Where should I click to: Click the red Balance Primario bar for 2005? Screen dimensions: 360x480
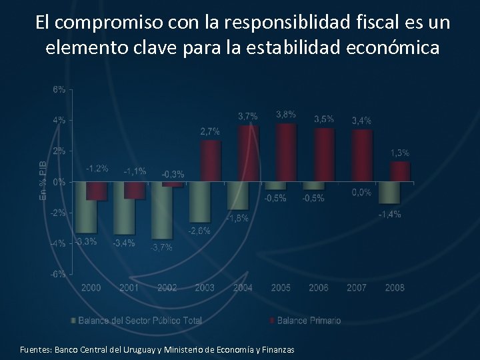pos(286,153)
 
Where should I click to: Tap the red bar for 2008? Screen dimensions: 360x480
pos(400,172)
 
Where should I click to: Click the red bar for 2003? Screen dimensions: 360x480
pos(210,161)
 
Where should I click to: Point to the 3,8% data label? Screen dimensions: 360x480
pos(285,115)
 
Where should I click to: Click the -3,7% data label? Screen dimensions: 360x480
pos(161,247)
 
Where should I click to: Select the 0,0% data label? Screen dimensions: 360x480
pos(361,192)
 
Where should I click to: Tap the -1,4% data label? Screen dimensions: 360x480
pos(389,214)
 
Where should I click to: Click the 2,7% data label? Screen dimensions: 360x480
pos(210,131)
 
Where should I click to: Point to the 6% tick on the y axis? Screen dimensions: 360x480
pos(59,89)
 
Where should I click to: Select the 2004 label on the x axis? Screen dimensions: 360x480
pos(243,288)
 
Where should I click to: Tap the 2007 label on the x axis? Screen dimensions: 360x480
pos(357,288)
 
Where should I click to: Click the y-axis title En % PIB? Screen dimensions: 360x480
pos(43,179)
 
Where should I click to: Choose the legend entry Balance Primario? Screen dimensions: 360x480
pos(308,321)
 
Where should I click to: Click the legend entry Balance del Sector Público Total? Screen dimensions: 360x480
pos(139,321)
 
